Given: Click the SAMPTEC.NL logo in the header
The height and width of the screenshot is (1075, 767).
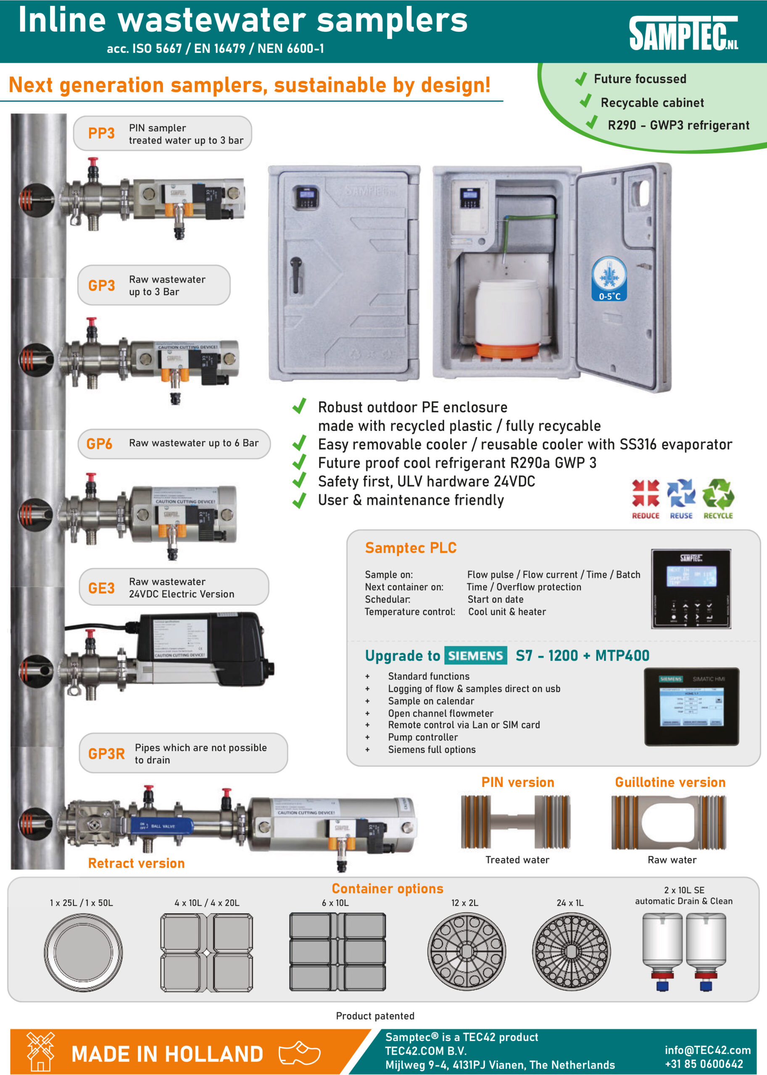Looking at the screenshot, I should (683, 33).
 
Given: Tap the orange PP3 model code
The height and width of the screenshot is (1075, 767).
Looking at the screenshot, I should (101, 134).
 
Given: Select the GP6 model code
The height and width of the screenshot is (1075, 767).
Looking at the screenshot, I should (99, 443).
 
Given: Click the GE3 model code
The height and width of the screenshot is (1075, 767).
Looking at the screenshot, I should (101, 588).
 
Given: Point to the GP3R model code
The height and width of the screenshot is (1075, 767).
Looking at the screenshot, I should (106, 754).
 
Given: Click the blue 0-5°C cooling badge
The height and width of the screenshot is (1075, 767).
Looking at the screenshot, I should (609, 279).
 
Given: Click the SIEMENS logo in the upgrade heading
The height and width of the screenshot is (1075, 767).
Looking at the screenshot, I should (475, 655).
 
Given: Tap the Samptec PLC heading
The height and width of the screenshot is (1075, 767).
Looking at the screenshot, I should (411, 548).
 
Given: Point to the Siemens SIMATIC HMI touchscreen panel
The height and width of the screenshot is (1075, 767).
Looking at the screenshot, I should (691, 706).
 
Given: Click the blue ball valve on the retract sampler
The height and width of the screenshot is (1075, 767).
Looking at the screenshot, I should (161, 826).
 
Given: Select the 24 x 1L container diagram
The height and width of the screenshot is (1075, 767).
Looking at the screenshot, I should (571, 952).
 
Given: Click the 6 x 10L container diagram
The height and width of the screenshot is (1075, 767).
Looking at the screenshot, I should (337, 952).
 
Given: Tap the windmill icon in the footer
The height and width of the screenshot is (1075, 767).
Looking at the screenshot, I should (40, 1051).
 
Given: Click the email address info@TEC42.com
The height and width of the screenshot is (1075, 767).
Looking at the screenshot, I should (707, 1050).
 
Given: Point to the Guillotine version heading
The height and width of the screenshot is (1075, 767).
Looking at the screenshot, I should (670, 782).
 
